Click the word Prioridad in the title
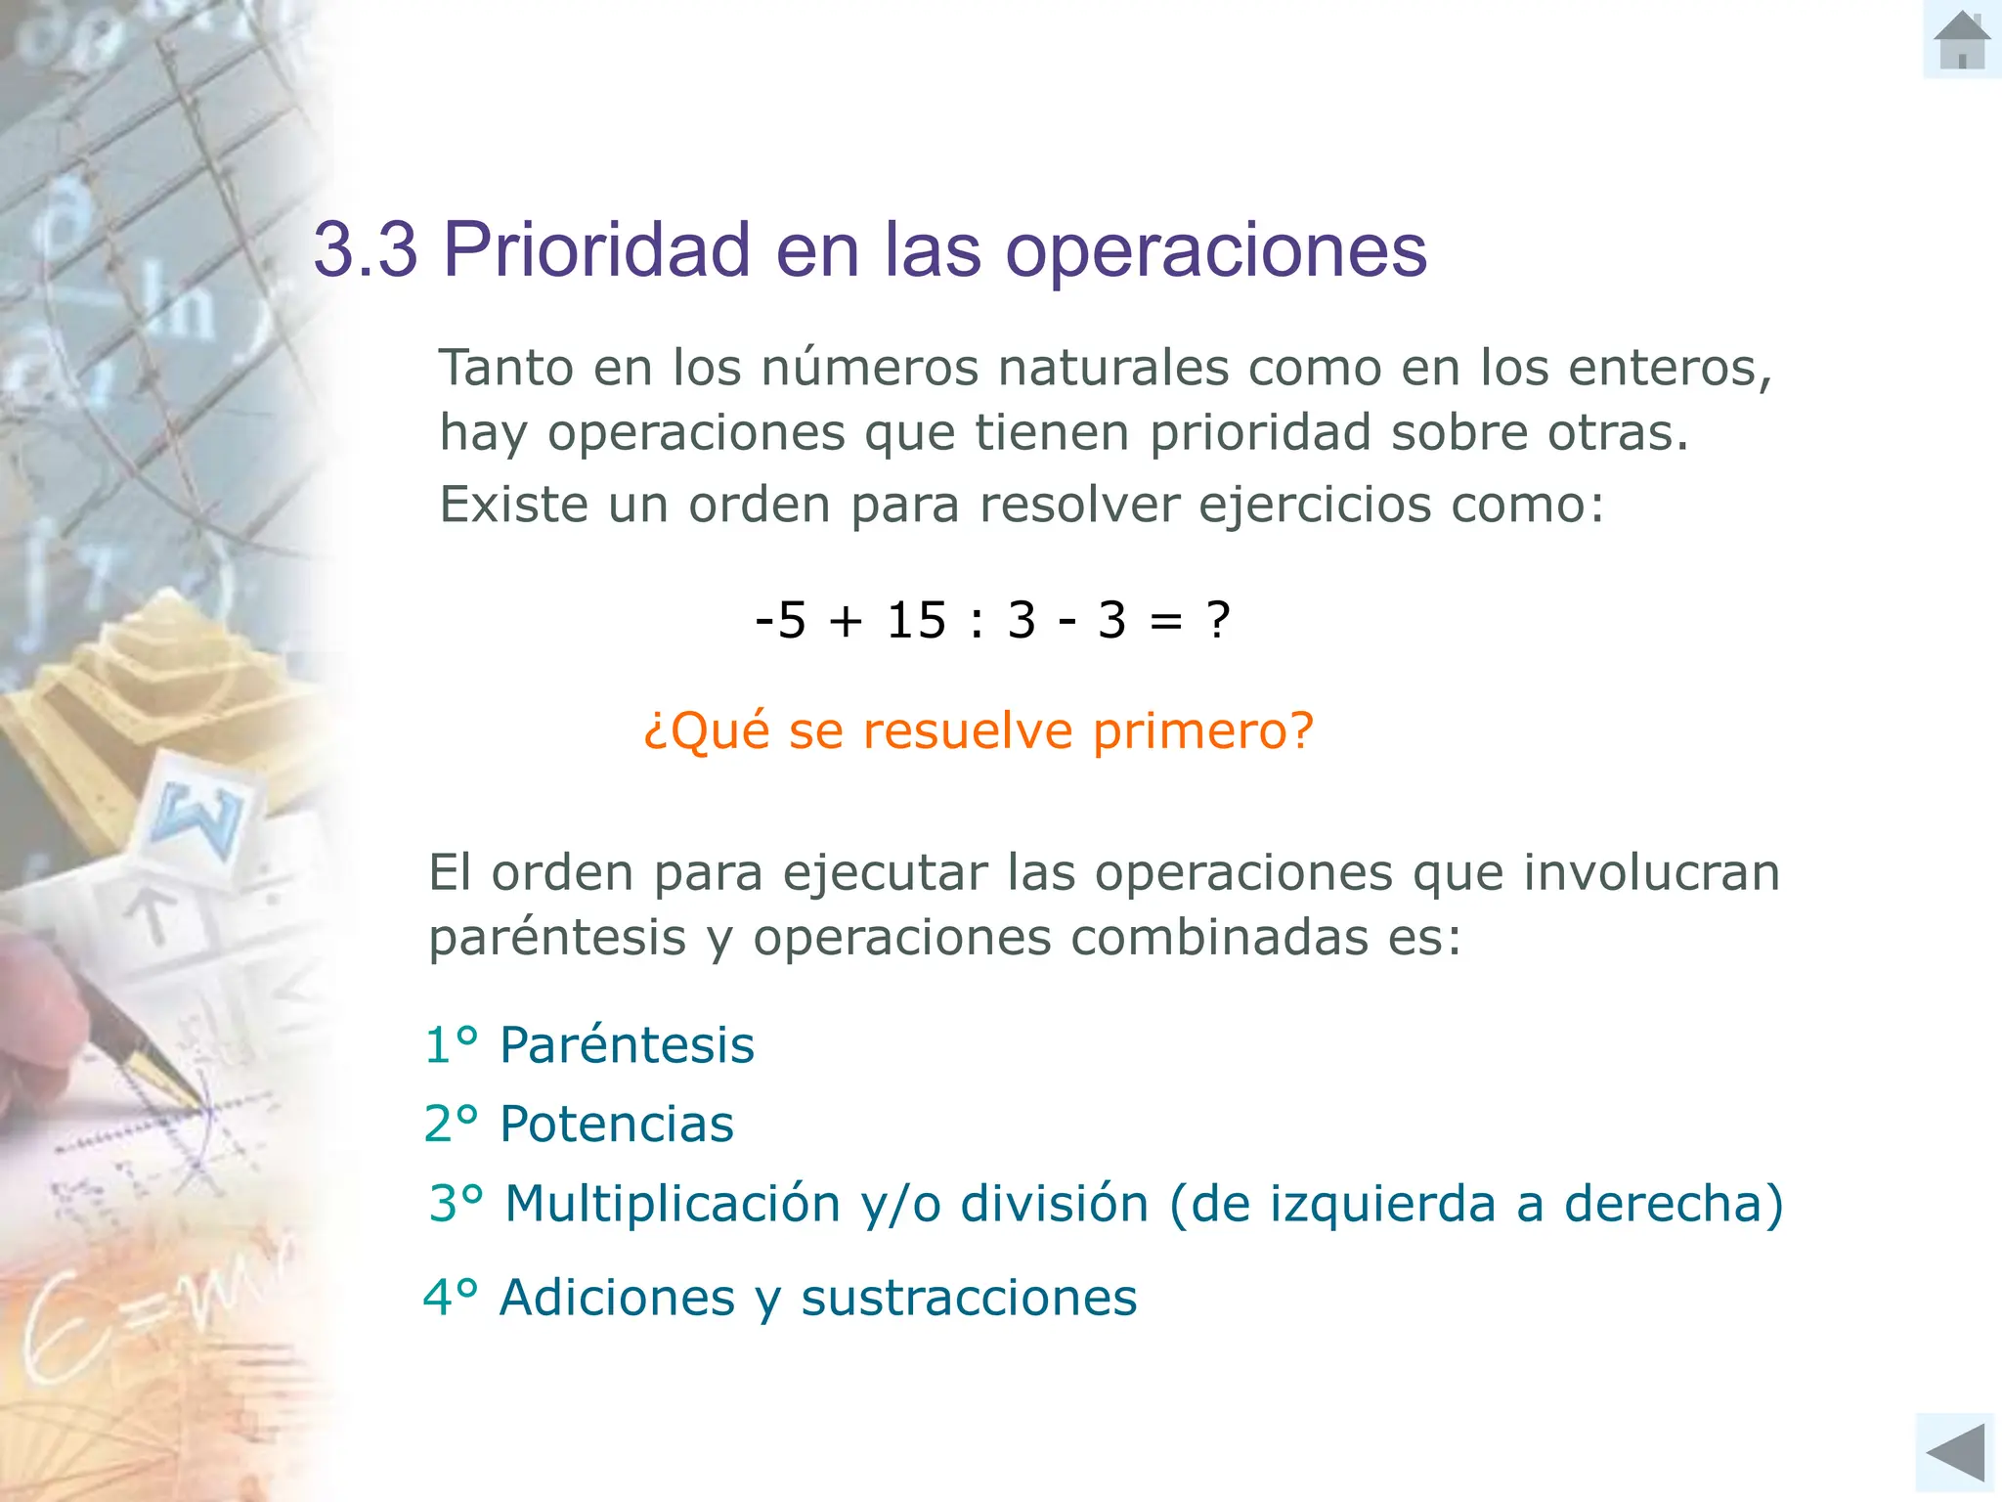pyautogui.click(x=596, y=250)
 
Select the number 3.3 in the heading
pyautogui.click(x=365, y=250)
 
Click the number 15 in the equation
pyautogui.click(x=916, y=620)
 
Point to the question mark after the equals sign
pyautogui.click(x=1218, y=620)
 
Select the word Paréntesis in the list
pyautogui.click(x=627, y=1045)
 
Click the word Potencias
pyautogui.click(x=616, y=1124)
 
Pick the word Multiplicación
pyautogui.click(x=673, y=1204)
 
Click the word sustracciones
pyautogui.click(x=969, y=1299)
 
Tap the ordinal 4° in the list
pyautogui.click(x=450, y=1299)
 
